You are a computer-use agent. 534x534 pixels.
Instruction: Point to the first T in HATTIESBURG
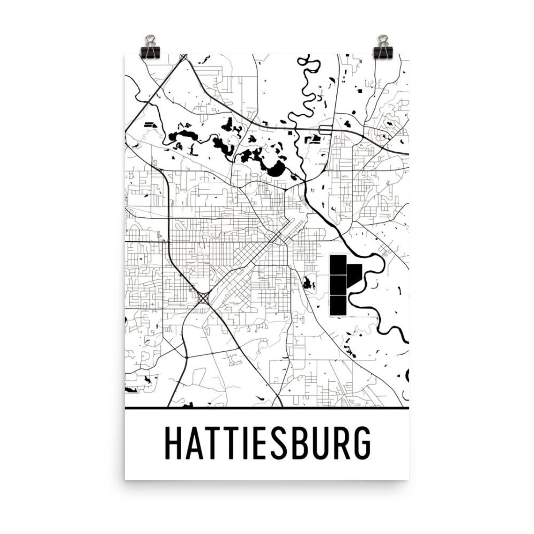[x=217, y=442]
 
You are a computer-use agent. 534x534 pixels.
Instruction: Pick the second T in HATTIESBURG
[x=236, y=442]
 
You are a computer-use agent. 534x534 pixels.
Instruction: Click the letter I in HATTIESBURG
[x=250, y=442]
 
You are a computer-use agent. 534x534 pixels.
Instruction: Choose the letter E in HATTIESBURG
[x=264, y=442]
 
